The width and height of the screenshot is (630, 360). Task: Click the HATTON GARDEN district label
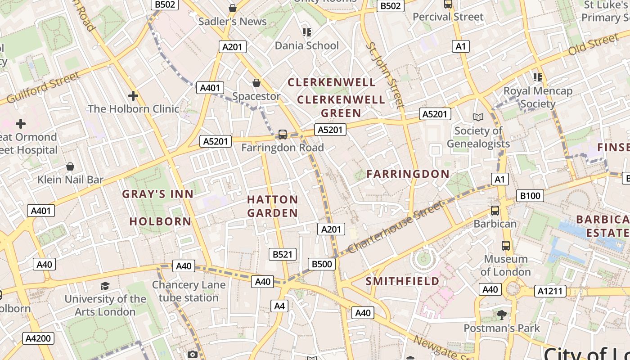click(x=272, y=206)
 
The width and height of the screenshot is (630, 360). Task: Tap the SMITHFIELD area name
click(x=402, y=281)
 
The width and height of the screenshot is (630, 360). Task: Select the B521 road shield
click(x=283, y=254)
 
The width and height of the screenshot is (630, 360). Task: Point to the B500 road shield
click(x=322, y=264)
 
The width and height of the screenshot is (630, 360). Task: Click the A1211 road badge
click(x=551, y=291)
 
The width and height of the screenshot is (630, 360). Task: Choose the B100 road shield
click(x=530, y=196)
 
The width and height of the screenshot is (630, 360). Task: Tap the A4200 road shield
click(x=39, y=338)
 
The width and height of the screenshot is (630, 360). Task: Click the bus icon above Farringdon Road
click(x=283, y=135)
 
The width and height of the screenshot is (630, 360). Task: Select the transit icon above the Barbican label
click(x=495, y=211)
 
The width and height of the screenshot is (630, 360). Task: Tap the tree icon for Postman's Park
click(x=502, y=315)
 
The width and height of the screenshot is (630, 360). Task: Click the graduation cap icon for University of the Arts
click(x=105, y=286)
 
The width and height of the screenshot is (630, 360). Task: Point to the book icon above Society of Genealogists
click(x=478, y=117)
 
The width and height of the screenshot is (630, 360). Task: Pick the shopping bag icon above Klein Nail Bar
click(x=70, y=167)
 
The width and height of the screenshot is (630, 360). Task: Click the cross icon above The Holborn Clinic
click(x=133, y=96)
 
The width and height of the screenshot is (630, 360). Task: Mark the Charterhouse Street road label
click(x=395, y=227)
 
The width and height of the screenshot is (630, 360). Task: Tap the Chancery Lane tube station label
click(x=188, y=291)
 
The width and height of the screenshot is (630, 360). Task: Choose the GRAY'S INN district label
click(x=158, y=194)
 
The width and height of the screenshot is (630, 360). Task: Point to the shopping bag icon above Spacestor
click(x=256, y=83)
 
